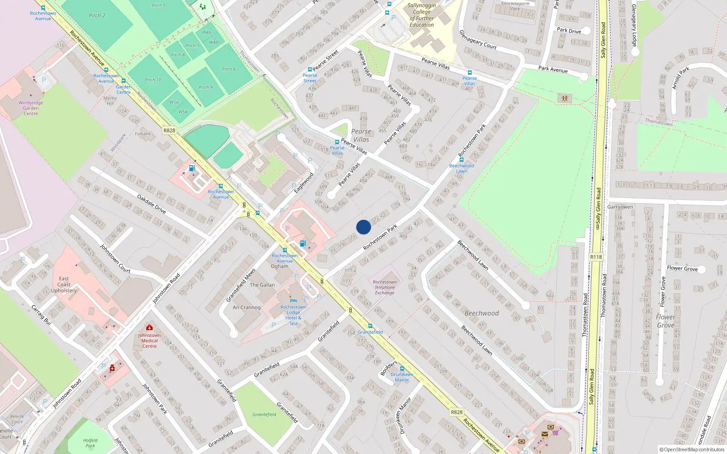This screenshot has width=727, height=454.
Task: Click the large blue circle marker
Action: (363, 227)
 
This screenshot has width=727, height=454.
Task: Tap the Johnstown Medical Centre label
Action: (149, 340)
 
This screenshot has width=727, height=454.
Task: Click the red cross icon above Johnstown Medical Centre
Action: (149, 327)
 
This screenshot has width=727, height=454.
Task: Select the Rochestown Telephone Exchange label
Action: (384, 287)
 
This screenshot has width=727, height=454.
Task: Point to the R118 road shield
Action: (596, 257)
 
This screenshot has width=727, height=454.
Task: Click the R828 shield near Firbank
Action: (169, 130)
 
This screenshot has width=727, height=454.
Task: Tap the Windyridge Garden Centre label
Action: (30, 108)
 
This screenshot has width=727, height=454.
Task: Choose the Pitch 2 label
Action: (97, 15)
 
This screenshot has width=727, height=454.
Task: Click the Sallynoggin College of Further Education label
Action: (422, 15)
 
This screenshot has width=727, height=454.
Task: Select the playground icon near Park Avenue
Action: (564, 98)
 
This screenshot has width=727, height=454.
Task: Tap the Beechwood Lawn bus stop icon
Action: (461, 160)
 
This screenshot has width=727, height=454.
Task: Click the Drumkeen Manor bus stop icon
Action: (402, 369)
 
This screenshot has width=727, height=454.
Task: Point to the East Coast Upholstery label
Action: (64, 285)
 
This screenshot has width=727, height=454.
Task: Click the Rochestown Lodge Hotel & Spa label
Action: (293, 315)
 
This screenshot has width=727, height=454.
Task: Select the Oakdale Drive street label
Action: (151, 203)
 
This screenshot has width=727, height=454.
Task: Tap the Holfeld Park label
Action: (90, 443)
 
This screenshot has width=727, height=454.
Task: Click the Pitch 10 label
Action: (153, 80)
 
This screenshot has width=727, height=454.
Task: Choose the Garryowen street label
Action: (620, 207)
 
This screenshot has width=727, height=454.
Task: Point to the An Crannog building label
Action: (247, 307)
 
